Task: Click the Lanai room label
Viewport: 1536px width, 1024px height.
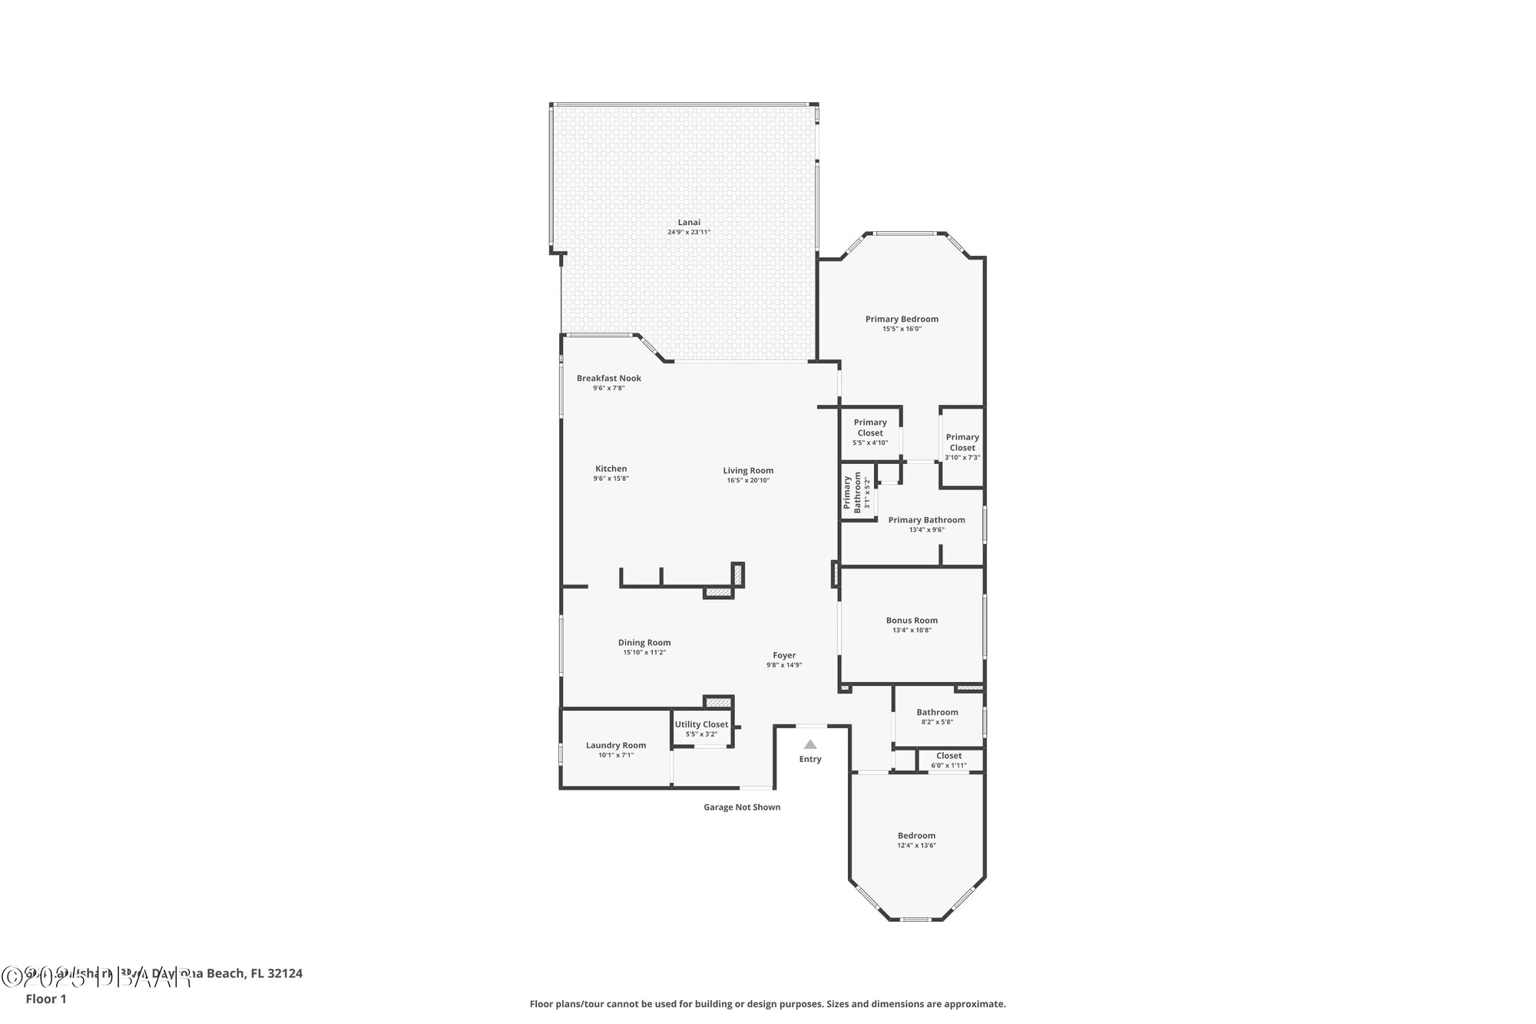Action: click(x=689, y=222)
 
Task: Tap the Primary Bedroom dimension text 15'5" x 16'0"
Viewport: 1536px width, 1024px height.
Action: click(x=902, y=329)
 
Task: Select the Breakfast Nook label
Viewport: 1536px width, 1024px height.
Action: click(x=608, y=378)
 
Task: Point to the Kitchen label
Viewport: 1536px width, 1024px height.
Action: click(x=611, y=469)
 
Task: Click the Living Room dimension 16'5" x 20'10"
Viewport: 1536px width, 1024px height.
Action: click(x=748, y=481)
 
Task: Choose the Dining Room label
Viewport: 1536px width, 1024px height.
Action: click(x=644, y=643)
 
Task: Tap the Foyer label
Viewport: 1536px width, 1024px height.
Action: click(x=784, y=655)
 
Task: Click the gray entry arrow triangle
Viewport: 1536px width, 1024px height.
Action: click(x=809, y=744)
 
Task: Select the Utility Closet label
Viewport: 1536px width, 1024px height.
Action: click(x=701, y=724)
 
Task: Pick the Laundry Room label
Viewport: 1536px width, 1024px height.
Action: click(x=615, y=745)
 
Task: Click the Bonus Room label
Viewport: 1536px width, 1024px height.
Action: click(x=912, y=620)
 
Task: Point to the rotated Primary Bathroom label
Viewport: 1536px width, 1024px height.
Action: click(x=852, y=492)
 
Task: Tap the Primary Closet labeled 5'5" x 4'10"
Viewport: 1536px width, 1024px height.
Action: click(x=870, y=428)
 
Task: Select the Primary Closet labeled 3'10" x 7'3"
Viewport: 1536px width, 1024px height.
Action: click(x=962, y=442)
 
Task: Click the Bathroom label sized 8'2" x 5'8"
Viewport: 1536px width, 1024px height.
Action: click(x=937, y=712)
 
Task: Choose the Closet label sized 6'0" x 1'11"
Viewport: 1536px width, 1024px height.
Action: click(x=948, y=756)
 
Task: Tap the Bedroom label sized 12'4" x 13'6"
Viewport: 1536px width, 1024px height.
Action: click(x=916, y=836)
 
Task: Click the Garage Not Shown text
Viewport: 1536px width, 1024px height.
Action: click(x=742, y=807)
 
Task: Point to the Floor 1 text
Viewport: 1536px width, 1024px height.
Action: click(x=46, y=999)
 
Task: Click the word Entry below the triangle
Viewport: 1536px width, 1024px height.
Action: click(x=809, y=759)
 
